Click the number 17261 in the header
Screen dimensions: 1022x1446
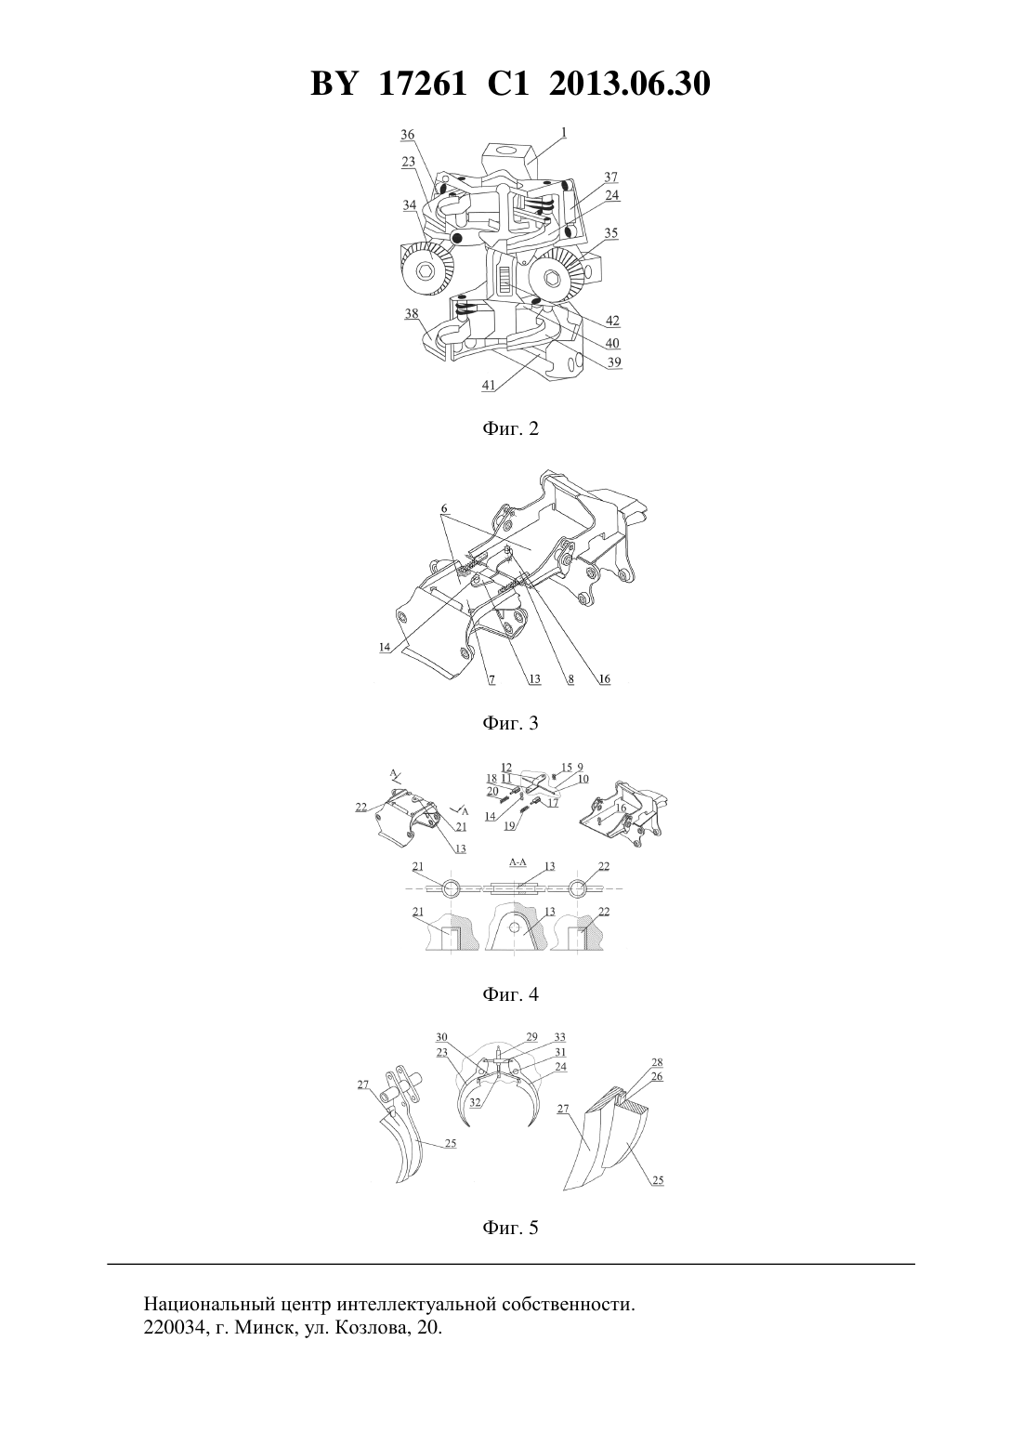pyautogui.click(x=422, y=84)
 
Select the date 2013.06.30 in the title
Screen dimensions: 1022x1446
pyautogui.click(x=630, y=84)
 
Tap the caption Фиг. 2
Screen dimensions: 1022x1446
pyautogui.click(x=510, y=428)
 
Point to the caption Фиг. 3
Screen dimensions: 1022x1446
pyautogui.click(x=510, y=723)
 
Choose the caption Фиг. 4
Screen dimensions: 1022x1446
pyautogui.click(x=510, y=994)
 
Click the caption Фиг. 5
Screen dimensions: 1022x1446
pyautogui.click(x=510, y=1228)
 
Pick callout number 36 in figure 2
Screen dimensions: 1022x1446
pyautogui.click(x=407, y=135)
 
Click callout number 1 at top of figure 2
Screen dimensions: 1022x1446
pyautogui.click(x=563, y=132)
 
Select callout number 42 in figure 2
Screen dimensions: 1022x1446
pyautogui.click(x=612, y=321)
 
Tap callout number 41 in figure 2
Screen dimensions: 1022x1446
pyautogui.click(x=489, y=386)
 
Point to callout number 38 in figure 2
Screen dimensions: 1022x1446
pyautogui.click(x=411, y=314)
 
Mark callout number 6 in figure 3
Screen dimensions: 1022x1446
pyautogui.click(x=444, y=508)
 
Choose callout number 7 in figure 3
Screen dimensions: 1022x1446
pyautogui.click(x=491, y=679)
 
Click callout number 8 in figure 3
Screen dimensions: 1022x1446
pyautogui.click(x=571, y=679)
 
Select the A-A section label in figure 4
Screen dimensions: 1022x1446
pyautogui.click(x=517, y=862)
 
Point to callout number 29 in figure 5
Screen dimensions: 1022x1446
pyautogui.click(x=531, y=1037)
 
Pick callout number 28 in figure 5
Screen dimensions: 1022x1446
pyautogui.click(x=657, y=1062)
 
